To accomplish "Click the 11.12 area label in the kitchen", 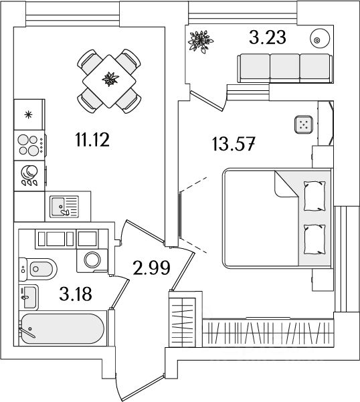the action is tap(92, 140).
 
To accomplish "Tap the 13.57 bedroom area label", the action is tap(234, 144).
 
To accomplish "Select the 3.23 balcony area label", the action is tap(267, 37).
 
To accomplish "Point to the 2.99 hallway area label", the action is tap(151, 268).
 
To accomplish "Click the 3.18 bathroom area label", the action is tap(76, 294).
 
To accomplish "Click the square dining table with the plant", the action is tap(109, 81).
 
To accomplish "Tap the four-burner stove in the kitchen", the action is tap(29, 145).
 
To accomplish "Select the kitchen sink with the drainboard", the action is tap(64, 207).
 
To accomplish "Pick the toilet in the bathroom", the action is tap(37, 269).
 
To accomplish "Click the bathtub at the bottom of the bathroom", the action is tap(62, 328).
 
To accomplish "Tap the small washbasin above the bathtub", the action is tap(29, 297).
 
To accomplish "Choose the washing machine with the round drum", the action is tap(92, 260).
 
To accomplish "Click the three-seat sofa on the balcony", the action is tap(285, 68).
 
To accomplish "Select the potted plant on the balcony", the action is tap(201, 41).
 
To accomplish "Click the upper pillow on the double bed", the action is tap(314, 195).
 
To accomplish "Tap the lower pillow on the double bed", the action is tap(314, 239).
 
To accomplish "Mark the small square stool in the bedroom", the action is tap(304, 124).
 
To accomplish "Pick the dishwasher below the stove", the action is tap(29, 176).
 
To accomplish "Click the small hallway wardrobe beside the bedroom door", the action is tap(183, 319).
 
